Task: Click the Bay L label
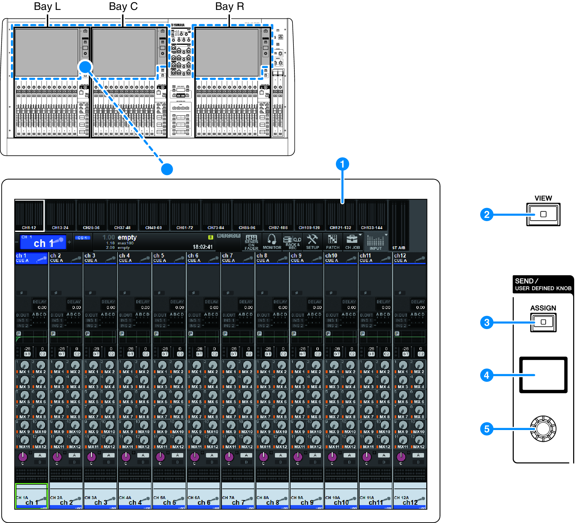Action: [x=47, y=6]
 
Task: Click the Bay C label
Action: [x=123, y=6]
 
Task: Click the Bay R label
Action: [x=230, y=6]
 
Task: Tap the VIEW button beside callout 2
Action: [x=543, y=214]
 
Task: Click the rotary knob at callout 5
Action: [x=543, y=429]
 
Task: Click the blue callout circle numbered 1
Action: [x=342, y=164]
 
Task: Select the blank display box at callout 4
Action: [x=543, y=375]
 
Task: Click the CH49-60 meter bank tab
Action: [x=154, y=227]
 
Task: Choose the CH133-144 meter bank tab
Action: [x=372, y=227]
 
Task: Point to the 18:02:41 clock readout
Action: [x=202, y=247]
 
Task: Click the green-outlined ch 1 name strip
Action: [x=31, y=496]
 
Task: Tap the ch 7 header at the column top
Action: [x=237, y=258]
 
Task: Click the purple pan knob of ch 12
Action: [x=401, y=457]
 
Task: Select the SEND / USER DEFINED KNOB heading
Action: [x=543, y=284]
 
